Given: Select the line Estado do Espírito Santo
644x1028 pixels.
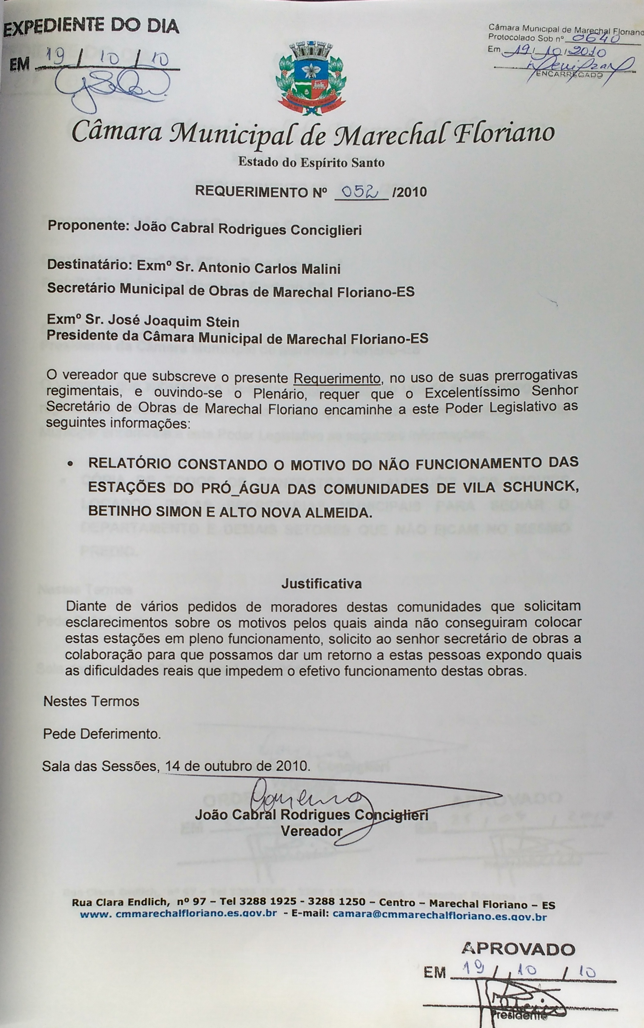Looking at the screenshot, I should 311,162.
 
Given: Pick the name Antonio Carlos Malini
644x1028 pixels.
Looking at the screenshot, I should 269,268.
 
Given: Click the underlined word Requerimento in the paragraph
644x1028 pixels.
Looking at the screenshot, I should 337,378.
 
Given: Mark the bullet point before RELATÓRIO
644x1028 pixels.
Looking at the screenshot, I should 70,464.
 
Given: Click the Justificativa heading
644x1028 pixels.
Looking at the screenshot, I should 322,584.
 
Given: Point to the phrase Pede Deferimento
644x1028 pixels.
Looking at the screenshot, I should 102,734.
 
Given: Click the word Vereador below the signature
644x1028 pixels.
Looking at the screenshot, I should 311,831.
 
